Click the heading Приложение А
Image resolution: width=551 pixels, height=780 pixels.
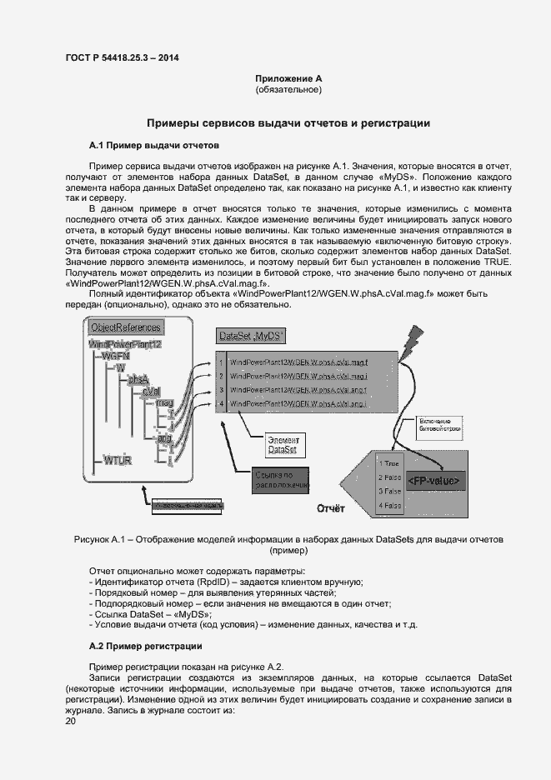point(288,78)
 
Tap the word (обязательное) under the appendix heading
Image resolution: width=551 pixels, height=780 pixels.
point(288,89)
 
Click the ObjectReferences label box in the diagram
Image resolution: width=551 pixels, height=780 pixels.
point(125,327)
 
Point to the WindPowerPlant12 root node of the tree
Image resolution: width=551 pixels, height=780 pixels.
point(125,344)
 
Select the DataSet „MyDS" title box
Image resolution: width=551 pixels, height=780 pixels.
point(250,336)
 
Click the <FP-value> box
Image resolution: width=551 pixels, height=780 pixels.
point(433,481)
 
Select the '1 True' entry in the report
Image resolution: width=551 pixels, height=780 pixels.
point(389,462)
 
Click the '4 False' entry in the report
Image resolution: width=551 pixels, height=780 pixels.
point(389,505)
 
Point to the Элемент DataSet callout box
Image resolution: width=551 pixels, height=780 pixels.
point(283,444)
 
